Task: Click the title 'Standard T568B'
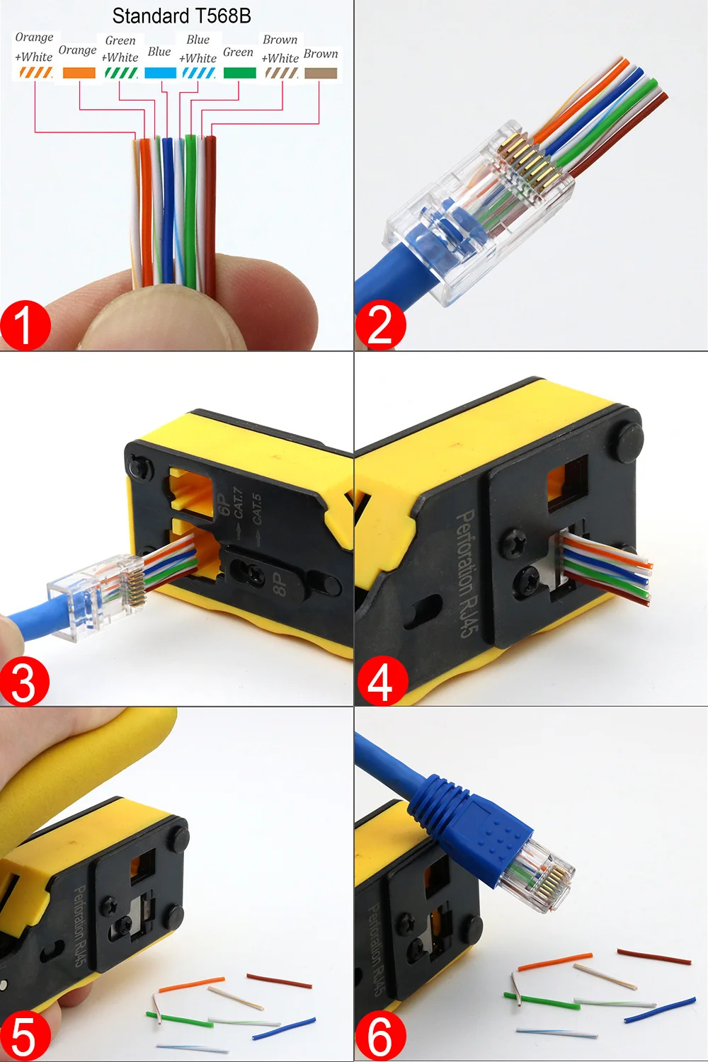pyautogui.click(x=182, y=16)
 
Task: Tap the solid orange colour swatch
pyautogui.click(x=79, y=72)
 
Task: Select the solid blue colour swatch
pyautogui.click(x=160, y=72)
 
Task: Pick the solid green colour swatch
pyautogui.click(x=239, y=72)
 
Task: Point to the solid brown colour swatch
pyautogui.click(x=321, y=73)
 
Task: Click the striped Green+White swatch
pyautogui.click(x=121, y=72)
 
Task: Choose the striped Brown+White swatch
pyautogui.click(x=282, y=73)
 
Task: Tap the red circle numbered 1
pyautogui.click(x=25, y=326)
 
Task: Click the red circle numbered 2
pyautogui.click(x=380, y=325)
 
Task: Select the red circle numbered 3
pyautogui.click(x=24, y=681)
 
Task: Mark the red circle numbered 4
pyautogui.click(x=382, y=681)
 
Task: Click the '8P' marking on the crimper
pyautogui.click(x=280, y=583)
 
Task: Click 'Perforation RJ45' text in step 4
pyautogui.click(x=467, y=573)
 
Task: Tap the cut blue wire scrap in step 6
pyautogui.click(x=660, y=1010)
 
